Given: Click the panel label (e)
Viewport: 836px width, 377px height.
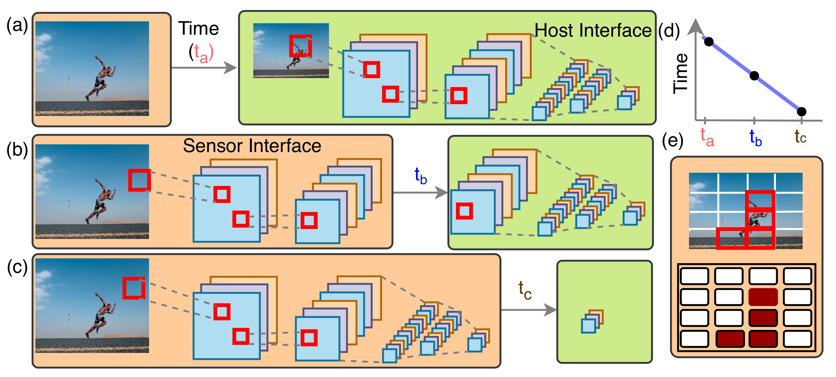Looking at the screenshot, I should pyautogui.click(x=673, y=140).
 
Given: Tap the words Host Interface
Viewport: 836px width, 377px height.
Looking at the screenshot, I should pyautogui.click(x=593, y=31).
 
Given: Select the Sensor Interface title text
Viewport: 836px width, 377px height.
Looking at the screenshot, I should pyautogui.click(x=252, y=146).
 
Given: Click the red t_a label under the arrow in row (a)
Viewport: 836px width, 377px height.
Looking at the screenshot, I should pyautogui.click(x=201, y=53).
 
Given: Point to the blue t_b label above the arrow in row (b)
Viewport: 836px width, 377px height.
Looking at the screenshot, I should pyautogui.click(x=421, y=176).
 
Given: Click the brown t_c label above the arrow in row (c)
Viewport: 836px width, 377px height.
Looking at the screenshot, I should pyautogui.click(x=525, y=290).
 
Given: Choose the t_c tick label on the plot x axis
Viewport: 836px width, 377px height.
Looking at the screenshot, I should pyautogui.click(x=800, y=137).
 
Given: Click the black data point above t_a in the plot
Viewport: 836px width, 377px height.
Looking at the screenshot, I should pyautogui.click(x=709, y=42).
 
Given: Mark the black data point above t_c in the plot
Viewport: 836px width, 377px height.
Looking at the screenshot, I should pyautogui.click(x=801, y=112).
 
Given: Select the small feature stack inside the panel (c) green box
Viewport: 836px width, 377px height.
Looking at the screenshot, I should pyautogui.click(x=592, y=321).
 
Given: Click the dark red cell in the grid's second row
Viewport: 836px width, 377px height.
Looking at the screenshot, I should pyautogui.click(x=763, y=297).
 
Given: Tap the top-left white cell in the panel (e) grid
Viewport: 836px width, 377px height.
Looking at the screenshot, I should pyautogui.click(x=694, y=276).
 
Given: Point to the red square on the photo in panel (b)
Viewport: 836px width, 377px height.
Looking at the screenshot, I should pyautogui.click(x=139, y=180).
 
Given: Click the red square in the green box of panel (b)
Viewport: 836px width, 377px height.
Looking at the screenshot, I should pyautogui.click(x=464, y=211).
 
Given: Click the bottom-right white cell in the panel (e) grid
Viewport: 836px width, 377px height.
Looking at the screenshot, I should pyautogui.click(x=797, y=339).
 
